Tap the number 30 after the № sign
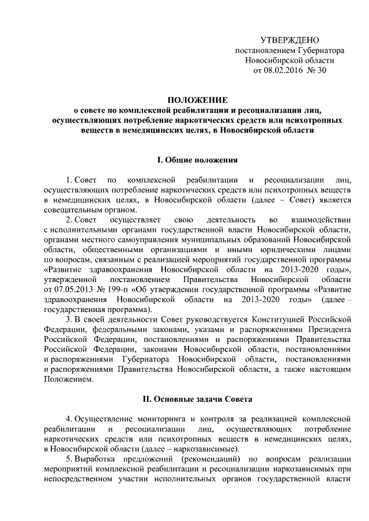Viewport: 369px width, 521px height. click(322, 71)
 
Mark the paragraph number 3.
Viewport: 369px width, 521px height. click(68, 320)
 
